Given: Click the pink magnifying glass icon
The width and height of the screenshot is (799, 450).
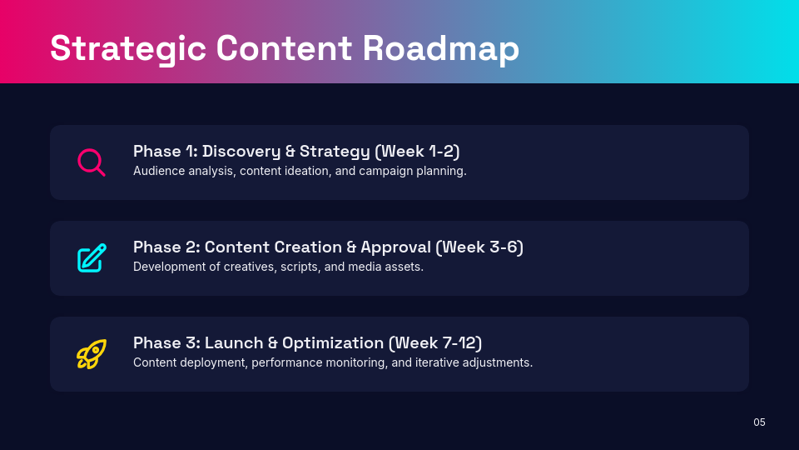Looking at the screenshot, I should click(91, 162).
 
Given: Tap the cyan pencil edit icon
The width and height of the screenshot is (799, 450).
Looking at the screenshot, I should click(92, 257).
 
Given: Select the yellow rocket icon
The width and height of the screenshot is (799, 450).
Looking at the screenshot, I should click(92, 353).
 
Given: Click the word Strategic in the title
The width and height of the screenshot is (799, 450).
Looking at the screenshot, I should click(127, 47).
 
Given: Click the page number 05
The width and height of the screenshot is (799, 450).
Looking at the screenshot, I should click(759, 422).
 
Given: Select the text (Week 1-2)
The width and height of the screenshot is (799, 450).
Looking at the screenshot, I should click(417, 152).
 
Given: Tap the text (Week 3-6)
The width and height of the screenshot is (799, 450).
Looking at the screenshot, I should click(480, 247).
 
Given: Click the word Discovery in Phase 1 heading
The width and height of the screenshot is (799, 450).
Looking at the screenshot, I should click(241, 152).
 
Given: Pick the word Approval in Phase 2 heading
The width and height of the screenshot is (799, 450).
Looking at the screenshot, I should click(396, 247).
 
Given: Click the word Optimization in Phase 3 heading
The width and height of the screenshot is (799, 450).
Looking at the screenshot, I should click(333, 343).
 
